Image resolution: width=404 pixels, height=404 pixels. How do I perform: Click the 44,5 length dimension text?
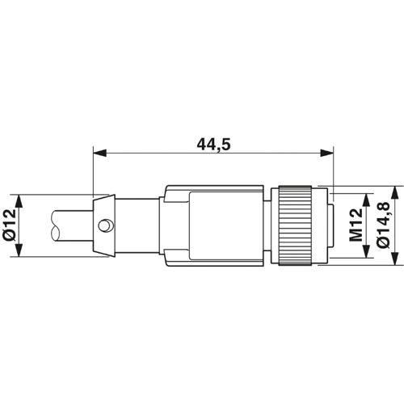(213, 145)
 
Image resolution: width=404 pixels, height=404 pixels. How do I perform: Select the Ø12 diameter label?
(10, 225)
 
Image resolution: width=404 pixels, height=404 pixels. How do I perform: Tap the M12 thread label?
(356, 225)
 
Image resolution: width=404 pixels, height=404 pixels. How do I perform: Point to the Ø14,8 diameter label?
(383, 225)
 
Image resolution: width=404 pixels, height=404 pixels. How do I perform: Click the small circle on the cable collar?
(104, 225)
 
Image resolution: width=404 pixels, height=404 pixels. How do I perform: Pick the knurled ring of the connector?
(295, 225)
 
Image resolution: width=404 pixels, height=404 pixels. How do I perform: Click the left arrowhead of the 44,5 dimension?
(99, 154)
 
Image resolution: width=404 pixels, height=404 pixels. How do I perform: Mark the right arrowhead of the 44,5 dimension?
(326, 154)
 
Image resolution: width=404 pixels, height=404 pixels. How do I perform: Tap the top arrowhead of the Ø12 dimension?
(19, 201)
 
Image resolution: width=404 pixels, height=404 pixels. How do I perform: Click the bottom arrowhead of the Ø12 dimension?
(19, 250)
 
